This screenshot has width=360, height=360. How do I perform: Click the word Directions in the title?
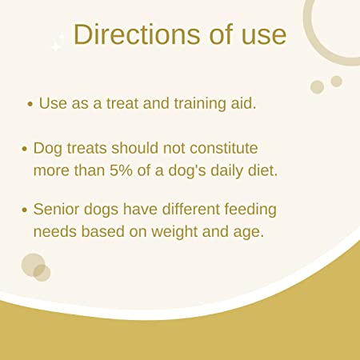point(137,34)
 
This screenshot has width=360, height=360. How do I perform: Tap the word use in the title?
point(264,37)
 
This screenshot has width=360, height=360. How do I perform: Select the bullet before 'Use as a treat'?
point(30,104)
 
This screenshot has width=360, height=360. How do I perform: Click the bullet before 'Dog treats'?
point(25,149)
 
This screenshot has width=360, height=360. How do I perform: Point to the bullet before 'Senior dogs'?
point(25,210)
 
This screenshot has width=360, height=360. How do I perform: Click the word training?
point(200,104)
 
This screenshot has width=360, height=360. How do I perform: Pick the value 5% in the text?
point(121,170)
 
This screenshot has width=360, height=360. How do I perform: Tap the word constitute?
point(224,148)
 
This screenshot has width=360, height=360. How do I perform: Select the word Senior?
point(56,209)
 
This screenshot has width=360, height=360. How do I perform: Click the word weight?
point(174,232)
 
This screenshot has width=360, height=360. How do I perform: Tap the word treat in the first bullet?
point(122,103)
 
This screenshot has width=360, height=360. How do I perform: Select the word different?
point(190,209)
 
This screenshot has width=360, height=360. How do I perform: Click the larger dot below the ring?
point(318,87)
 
